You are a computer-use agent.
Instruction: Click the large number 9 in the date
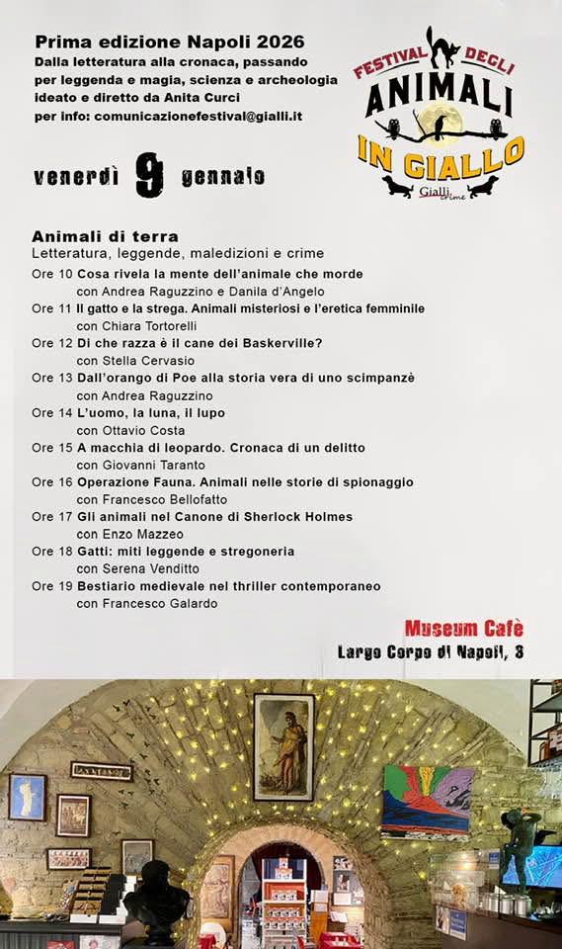point(149,176)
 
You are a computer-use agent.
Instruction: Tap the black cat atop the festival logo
point(442,46)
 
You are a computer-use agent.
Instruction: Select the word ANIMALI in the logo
point(439,100)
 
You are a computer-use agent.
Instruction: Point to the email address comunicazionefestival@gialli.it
point(198,116)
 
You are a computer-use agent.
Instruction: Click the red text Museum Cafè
point(463,629)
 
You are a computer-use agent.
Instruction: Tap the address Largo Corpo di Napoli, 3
point(431,651)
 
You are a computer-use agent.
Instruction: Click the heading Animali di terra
point(105,236)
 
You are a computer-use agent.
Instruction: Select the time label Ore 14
point(52,413)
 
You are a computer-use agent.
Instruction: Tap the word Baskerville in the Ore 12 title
point(274,343)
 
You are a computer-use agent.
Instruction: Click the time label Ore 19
point(52,586)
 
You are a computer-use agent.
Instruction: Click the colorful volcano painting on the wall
point(428,800)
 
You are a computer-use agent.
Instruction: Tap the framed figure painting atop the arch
point(284,746)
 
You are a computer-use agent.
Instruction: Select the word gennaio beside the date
point(222,177)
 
